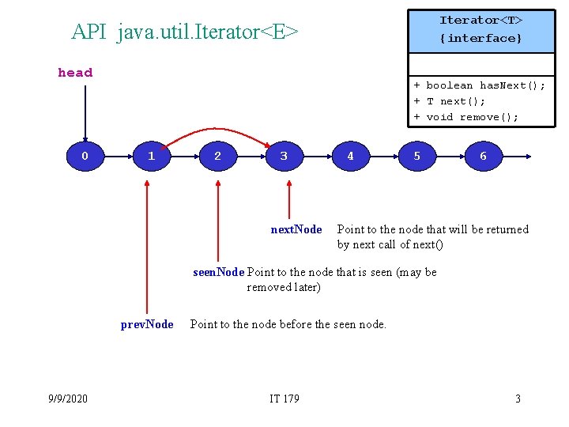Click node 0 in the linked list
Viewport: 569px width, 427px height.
coord(85,157)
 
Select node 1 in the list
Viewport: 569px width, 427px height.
coord(151,157)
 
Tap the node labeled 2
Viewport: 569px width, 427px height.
coord(217,157)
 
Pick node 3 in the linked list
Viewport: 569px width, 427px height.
coord(284,157)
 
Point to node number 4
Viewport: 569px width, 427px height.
coord(350,157)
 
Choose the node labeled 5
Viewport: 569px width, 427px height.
coord(416,157)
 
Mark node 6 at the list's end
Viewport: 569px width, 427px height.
coord(483,157)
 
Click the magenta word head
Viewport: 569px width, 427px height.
coord(75,73)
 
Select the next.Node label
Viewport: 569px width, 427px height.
coord(296,229)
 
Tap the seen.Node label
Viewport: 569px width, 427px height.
coord(219,272)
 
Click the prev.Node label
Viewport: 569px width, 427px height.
coord(147,324)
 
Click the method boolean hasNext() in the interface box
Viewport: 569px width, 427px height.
coord(479,85)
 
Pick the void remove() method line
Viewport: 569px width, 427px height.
coord(465,117)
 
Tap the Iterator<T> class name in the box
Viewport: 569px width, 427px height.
coord(480,20)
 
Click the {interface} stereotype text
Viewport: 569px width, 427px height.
coord(480,38)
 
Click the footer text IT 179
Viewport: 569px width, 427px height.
coord(284,399)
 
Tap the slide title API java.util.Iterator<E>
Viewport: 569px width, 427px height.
coord(185,32)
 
